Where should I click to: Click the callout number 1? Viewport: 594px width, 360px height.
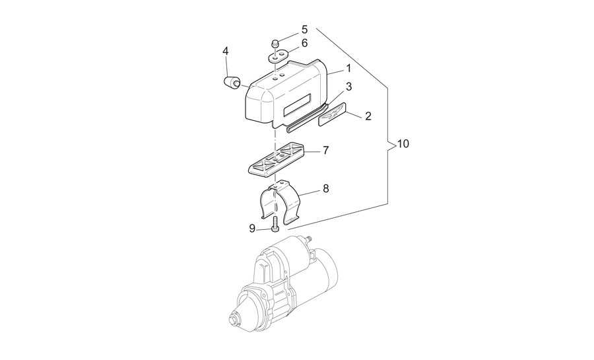[x=348, y=69]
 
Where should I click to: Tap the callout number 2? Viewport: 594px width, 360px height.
[x=368, y=116]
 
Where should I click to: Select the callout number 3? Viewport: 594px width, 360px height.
[x=348, y=87]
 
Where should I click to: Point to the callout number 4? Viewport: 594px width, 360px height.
[x=226, y=51]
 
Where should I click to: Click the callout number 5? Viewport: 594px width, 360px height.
[x=304, y=29]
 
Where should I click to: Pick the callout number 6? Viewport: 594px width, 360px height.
[x=304, y=43]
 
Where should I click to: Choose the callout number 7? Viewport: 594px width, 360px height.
[x=326, y=151]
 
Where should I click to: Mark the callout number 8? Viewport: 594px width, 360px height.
[x=326, y=188]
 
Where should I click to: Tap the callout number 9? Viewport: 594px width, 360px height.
[x=252, y=229]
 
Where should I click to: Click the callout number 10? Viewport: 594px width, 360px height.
[x=403, y=144]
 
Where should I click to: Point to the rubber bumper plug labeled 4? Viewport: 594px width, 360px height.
[x=231, y=83]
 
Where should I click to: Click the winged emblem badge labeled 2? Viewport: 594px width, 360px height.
[x=332, y=114]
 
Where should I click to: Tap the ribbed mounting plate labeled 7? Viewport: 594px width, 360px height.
[x=278, y=159]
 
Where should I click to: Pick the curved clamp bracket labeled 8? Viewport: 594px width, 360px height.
[x=280, y=201]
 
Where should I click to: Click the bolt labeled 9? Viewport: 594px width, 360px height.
[x=275, y=224]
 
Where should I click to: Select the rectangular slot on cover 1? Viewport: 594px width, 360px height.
[x=298, y=104]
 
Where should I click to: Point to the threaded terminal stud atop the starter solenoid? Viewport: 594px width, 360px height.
[x=309, y=239]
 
